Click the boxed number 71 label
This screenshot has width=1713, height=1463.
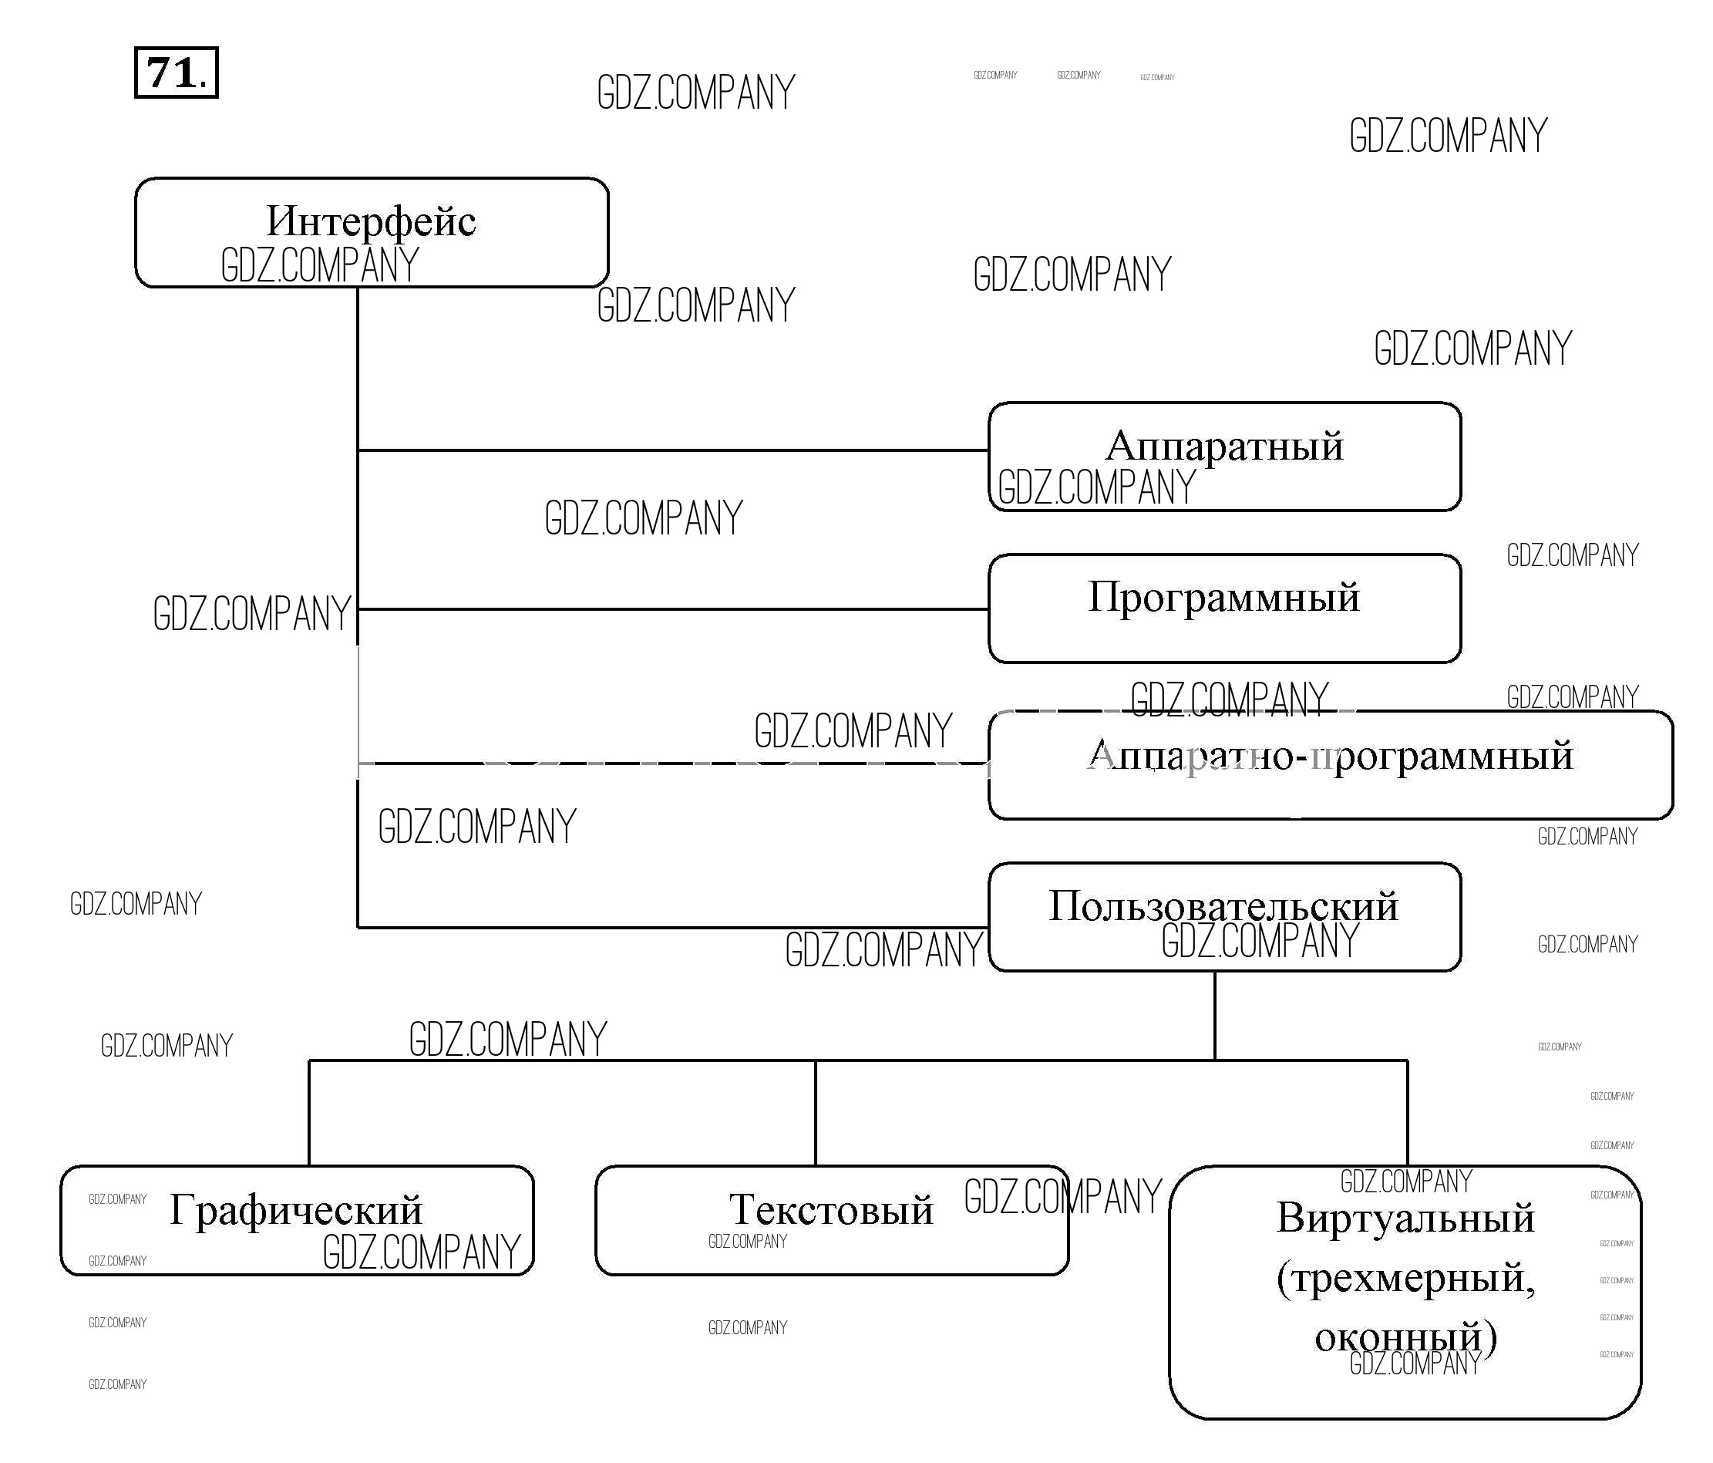point(176,72)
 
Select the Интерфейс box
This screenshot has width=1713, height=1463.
point(372,232)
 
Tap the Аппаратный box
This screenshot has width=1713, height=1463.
point(1224,457)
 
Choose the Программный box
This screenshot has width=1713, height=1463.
point(1224,608)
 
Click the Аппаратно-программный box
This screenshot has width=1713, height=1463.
point(1330,765)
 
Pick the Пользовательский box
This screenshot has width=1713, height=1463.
point(1224,916)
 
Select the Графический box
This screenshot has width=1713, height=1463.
point(297,1220)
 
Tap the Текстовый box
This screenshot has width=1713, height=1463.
point(832,1220)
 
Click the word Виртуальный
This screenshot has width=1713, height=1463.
point(1405,1218)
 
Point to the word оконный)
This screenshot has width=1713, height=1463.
point(1405,1337)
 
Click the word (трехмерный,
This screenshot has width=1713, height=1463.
point(1405,1278)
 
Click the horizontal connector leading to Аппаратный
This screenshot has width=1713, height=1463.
point(673,450)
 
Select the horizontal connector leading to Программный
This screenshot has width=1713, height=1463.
point(673,609)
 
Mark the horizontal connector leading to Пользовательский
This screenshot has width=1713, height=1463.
point(579,928)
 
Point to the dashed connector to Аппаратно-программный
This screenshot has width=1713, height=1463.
point(673,764)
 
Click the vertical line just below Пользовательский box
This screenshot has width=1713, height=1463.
point(1214,1016)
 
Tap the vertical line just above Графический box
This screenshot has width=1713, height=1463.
point(309,1112)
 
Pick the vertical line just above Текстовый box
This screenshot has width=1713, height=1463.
point(816,1112)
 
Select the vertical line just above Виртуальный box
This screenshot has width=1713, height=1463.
point(1407,1112)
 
